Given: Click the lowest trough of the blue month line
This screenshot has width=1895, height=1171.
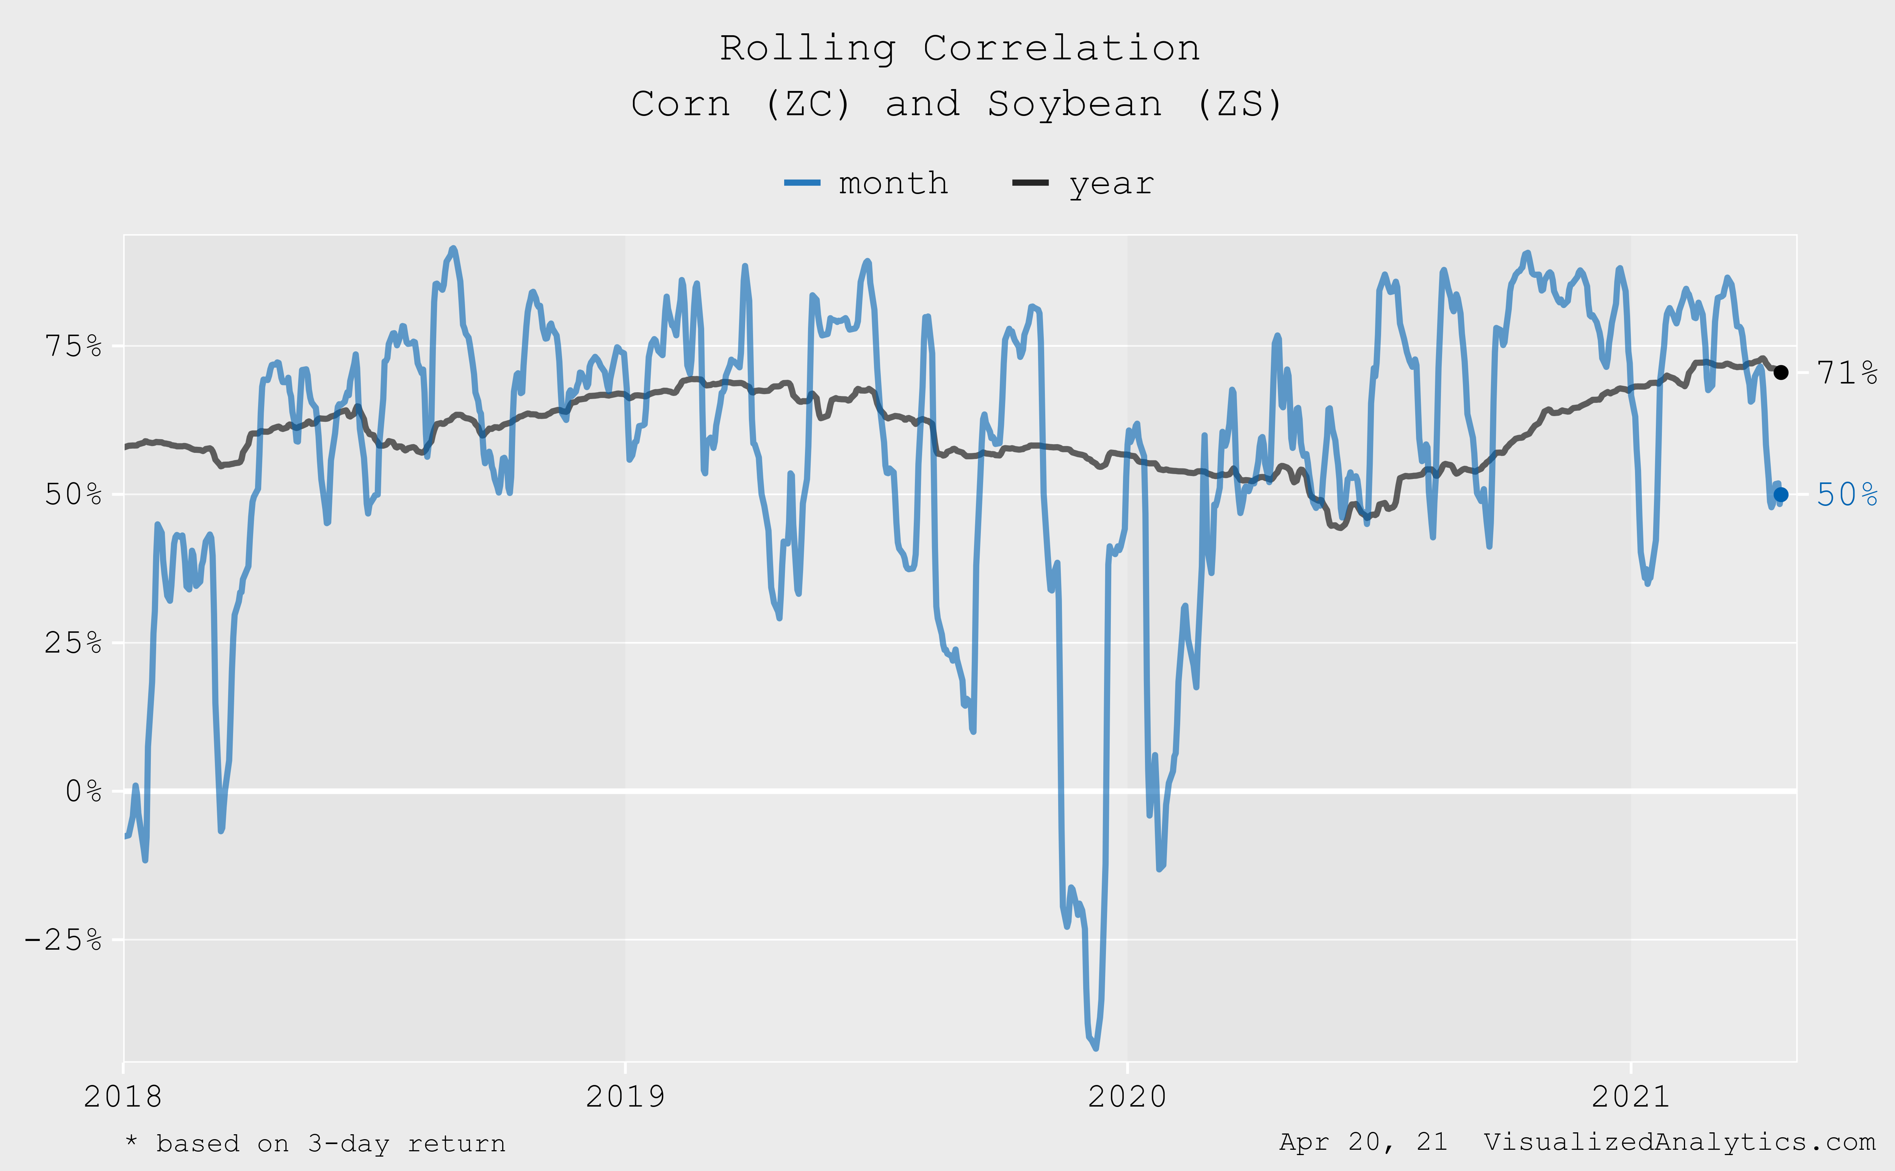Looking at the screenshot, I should coord(1095,1048).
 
